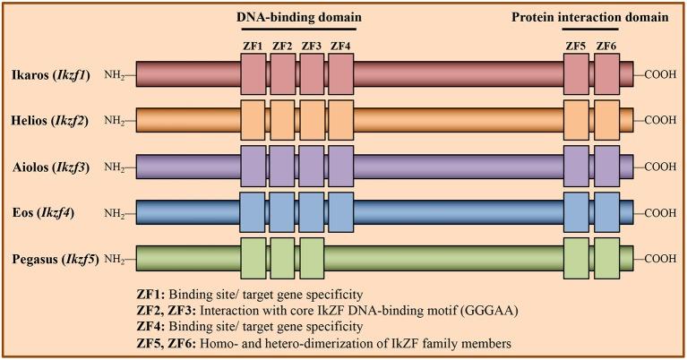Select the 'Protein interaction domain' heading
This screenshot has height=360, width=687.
589,16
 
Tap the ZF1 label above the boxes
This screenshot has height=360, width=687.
253,46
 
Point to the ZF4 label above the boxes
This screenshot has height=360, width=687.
341,46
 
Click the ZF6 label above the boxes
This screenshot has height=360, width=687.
606,46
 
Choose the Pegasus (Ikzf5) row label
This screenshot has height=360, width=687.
50,260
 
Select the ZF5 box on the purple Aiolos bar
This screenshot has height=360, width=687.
576,167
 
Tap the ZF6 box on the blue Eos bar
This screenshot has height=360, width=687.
606,213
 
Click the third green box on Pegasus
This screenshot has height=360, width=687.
312,260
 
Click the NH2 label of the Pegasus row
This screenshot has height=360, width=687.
116,260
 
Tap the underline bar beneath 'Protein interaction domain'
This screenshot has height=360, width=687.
590,30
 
